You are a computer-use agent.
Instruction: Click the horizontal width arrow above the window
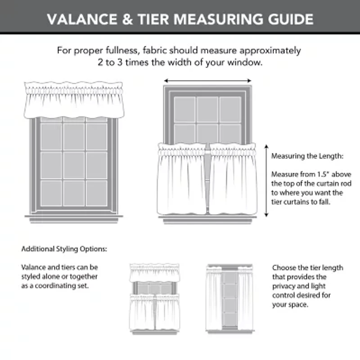207,81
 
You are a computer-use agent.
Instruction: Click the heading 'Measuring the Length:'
301,157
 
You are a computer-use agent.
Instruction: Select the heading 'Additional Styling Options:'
64,249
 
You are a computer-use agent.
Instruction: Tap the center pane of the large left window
74,165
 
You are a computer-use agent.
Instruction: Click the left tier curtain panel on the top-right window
182,180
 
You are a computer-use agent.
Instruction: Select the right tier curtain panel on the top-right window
233,180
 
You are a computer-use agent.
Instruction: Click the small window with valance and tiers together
154,297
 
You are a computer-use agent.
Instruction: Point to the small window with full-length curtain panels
229,297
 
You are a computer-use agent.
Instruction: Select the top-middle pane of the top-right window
207,109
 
